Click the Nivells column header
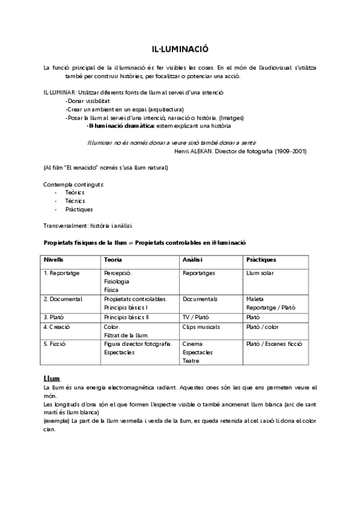tap(53, 260)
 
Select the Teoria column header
tap(113, 260)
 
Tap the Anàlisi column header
tap(192, 260)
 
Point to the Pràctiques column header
tap(261, 260)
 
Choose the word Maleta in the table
tap(255, 299)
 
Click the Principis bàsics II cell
tap(126, 317)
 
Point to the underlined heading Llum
tap(52, 379)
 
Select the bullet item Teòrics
tap(75, 192)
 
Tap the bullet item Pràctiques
tap(79, 209)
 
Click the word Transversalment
tap(64, 226)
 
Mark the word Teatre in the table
tap(192, 361)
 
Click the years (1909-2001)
tap(291, 151)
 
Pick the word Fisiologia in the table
tap(116, 281)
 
